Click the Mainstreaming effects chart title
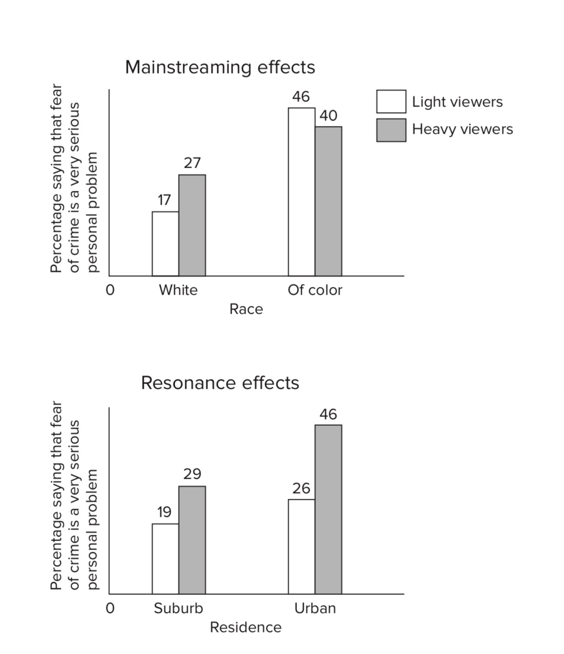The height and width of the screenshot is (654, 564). click(x=220, y=67)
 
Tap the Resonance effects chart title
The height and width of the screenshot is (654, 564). click(x=220, y=383)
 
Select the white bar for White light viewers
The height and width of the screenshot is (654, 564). click(x=165, y=244)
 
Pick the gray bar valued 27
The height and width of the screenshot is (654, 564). click(x=192, y=226)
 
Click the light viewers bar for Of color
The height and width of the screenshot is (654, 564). click(x=302, y=192)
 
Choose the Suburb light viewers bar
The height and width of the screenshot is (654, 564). click(x=165, y=559)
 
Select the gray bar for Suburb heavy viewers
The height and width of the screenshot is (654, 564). click(x=192, y=540)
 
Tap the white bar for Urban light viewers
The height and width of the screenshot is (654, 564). click(x=302, y=547)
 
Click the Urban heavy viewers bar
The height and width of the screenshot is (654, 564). click(x=328, y=510)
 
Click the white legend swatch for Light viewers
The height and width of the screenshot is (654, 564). click(x=391, y=102)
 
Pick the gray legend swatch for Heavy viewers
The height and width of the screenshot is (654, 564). click(x=391, y=130)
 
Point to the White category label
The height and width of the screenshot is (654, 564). click(x=178, y=290)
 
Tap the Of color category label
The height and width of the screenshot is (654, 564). click(x=315, y=290)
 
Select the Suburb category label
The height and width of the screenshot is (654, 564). click(x=178, y=609)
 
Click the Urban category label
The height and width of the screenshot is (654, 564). click(x=315, y=609)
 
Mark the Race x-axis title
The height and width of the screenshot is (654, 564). click(x=246, y=310)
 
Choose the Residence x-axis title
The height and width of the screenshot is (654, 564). click(x=245, y=628)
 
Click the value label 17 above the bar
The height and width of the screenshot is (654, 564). click(x=164, y=200)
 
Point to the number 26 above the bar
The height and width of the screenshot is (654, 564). click(x=301, y=488)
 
